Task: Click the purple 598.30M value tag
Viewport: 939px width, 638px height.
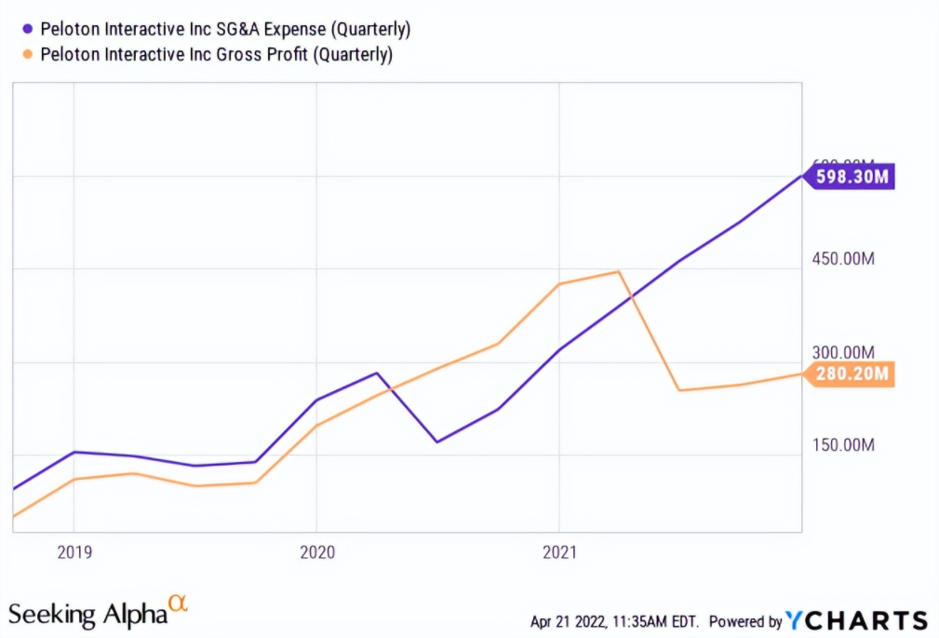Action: pos(852,177)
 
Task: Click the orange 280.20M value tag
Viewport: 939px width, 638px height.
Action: pos(852,374)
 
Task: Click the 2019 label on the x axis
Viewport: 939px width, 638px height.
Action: pos(74,552)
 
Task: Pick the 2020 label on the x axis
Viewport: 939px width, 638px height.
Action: pos(316,552)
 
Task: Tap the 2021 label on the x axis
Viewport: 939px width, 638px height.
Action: pos(558,552)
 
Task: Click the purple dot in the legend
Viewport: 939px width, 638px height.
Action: pos(27,29)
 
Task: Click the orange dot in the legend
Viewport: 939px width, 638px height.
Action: pos(27,55)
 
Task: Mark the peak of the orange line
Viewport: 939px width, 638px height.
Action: pos(618,272)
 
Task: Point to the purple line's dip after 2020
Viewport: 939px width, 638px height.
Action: pos(436,441)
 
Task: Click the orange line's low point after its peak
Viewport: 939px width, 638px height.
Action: pos(680,390)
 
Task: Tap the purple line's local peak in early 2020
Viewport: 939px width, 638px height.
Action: pos(377,373)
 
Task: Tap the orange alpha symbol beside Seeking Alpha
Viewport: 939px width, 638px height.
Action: pos(178,604)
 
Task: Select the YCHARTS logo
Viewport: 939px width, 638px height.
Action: pos(856,620)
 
